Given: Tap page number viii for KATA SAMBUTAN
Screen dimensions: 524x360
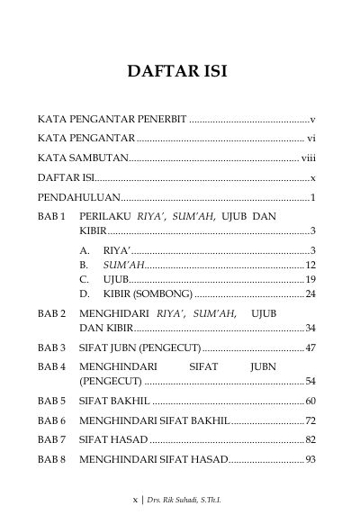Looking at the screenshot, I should [x=308, y=158].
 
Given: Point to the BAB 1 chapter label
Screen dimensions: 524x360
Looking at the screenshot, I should [x=51, y=217].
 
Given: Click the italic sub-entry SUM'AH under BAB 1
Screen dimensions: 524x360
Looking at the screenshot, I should [x=123, y=265].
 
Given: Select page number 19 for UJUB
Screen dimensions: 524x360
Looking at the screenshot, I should [x=310, y=279].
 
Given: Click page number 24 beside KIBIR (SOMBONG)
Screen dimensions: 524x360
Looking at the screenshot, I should [x=310, y=294].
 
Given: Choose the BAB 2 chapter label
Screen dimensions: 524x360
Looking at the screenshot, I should [x=51, y=313].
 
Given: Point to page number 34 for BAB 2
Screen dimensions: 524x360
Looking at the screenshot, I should [x=310, y=327].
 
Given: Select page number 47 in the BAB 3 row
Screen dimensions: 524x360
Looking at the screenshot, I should [x=310, y=347].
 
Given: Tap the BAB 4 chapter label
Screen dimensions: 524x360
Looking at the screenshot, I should [x=51, y=366].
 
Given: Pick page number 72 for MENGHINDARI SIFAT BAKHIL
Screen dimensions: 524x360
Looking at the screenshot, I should [x=310, y=420].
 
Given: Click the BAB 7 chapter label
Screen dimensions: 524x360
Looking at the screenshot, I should [x=51, y=439].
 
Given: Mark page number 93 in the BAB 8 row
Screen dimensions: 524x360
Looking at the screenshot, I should [x=310, y=459].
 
